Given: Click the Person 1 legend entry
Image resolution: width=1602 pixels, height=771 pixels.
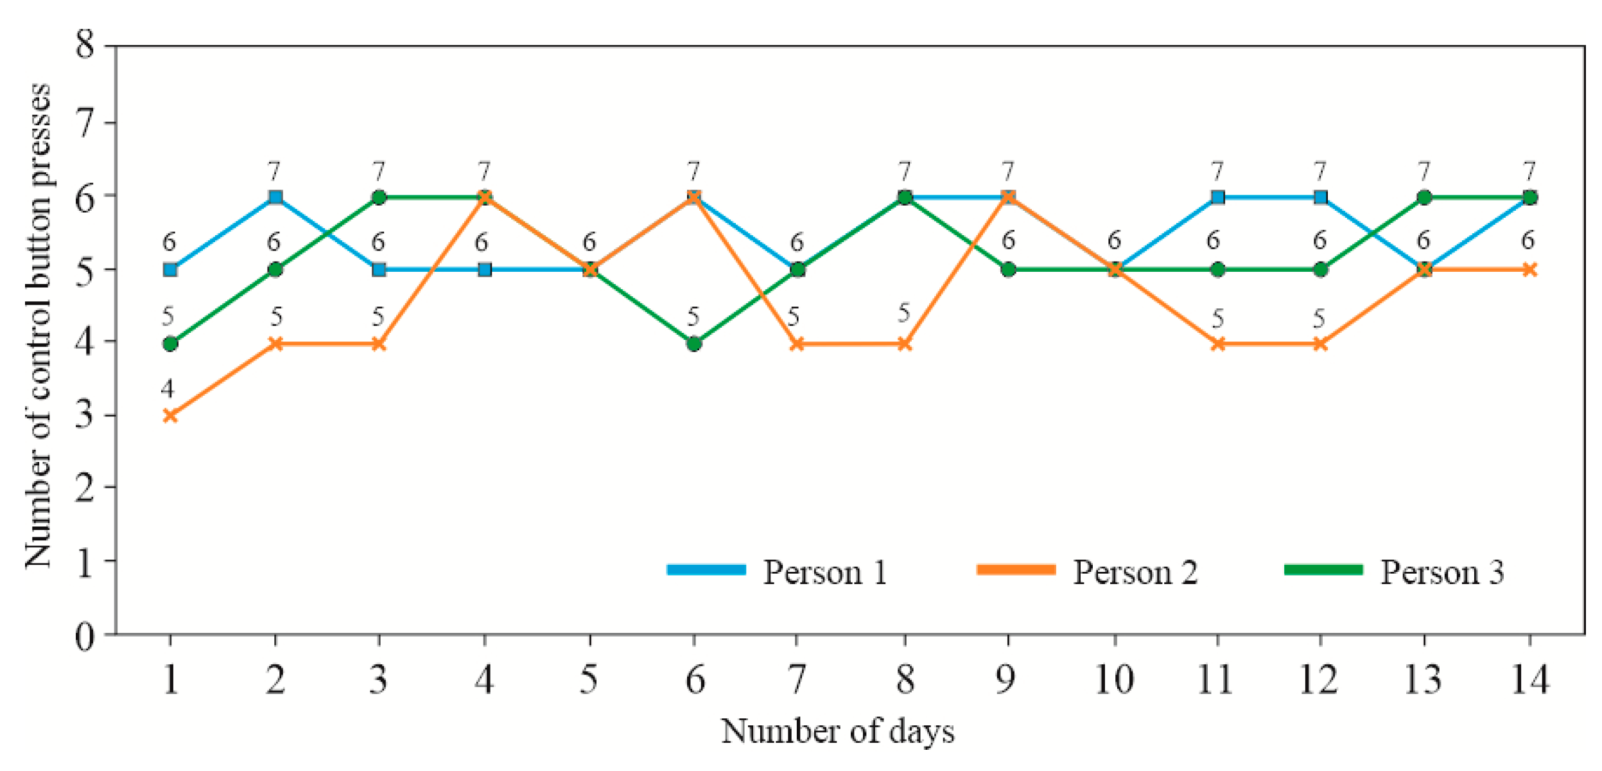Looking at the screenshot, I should coord(778,571).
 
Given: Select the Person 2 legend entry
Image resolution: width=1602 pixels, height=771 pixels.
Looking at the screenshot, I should coord(1086,571).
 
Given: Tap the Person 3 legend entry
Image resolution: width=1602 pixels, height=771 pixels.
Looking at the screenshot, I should coord(1394,571).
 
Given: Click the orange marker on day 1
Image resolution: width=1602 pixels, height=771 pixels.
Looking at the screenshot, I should coord(170,416).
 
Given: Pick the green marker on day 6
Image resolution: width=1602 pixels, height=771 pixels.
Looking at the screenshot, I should coord(694,344).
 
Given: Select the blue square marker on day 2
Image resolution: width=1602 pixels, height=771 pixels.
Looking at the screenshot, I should coord(275,197).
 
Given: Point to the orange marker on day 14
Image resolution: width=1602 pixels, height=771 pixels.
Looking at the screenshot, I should coord(1530,270).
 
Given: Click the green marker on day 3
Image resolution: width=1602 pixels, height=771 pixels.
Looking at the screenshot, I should coord(379,197).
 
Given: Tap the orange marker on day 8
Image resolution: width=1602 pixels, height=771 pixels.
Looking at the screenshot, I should coord(904,344).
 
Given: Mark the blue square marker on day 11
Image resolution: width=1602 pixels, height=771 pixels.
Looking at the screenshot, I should coord(1217,197).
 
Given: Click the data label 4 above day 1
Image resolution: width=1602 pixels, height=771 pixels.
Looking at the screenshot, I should coord(168,389).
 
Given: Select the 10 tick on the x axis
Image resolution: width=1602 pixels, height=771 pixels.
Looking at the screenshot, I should coord(1114,680).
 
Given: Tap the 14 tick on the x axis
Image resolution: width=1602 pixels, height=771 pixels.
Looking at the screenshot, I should coord(1530,680).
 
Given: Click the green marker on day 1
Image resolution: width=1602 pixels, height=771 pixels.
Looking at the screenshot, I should coord(170,344).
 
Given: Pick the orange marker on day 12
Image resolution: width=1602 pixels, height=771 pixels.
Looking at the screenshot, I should coord(1320,344).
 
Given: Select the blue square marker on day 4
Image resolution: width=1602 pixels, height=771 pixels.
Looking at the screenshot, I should coord(485,270).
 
